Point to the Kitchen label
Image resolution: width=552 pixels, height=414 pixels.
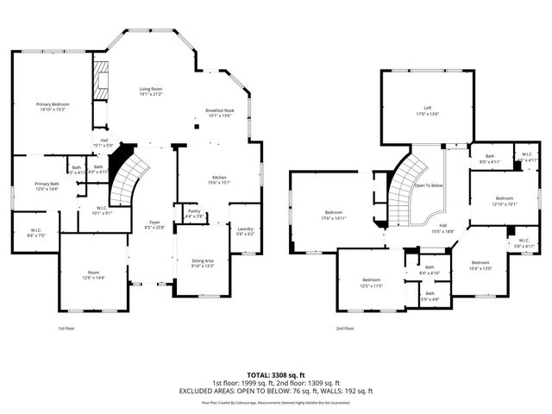point(219,179)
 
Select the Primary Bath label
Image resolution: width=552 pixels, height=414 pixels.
point(47,185)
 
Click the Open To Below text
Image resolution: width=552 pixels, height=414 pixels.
point(429,185)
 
